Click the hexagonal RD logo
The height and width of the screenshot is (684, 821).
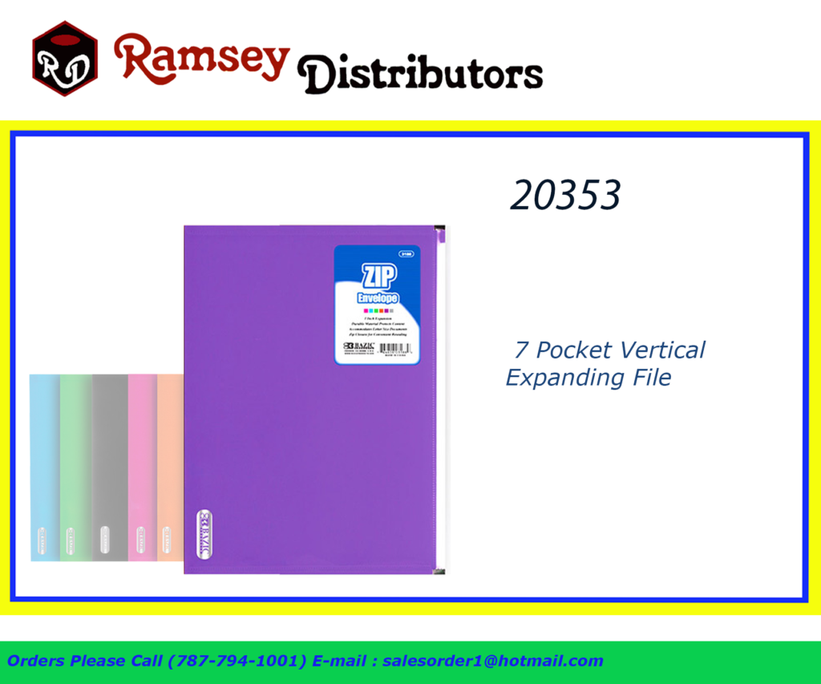65,59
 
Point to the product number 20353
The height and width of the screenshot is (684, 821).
565,195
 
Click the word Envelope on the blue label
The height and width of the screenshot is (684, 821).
377,299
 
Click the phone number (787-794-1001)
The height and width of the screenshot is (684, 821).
237,662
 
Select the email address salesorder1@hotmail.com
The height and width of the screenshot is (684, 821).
492,662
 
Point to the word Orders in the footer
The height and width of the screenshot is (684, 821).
37,662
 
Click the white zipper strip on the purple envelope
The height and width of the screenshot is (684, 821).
440,401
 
